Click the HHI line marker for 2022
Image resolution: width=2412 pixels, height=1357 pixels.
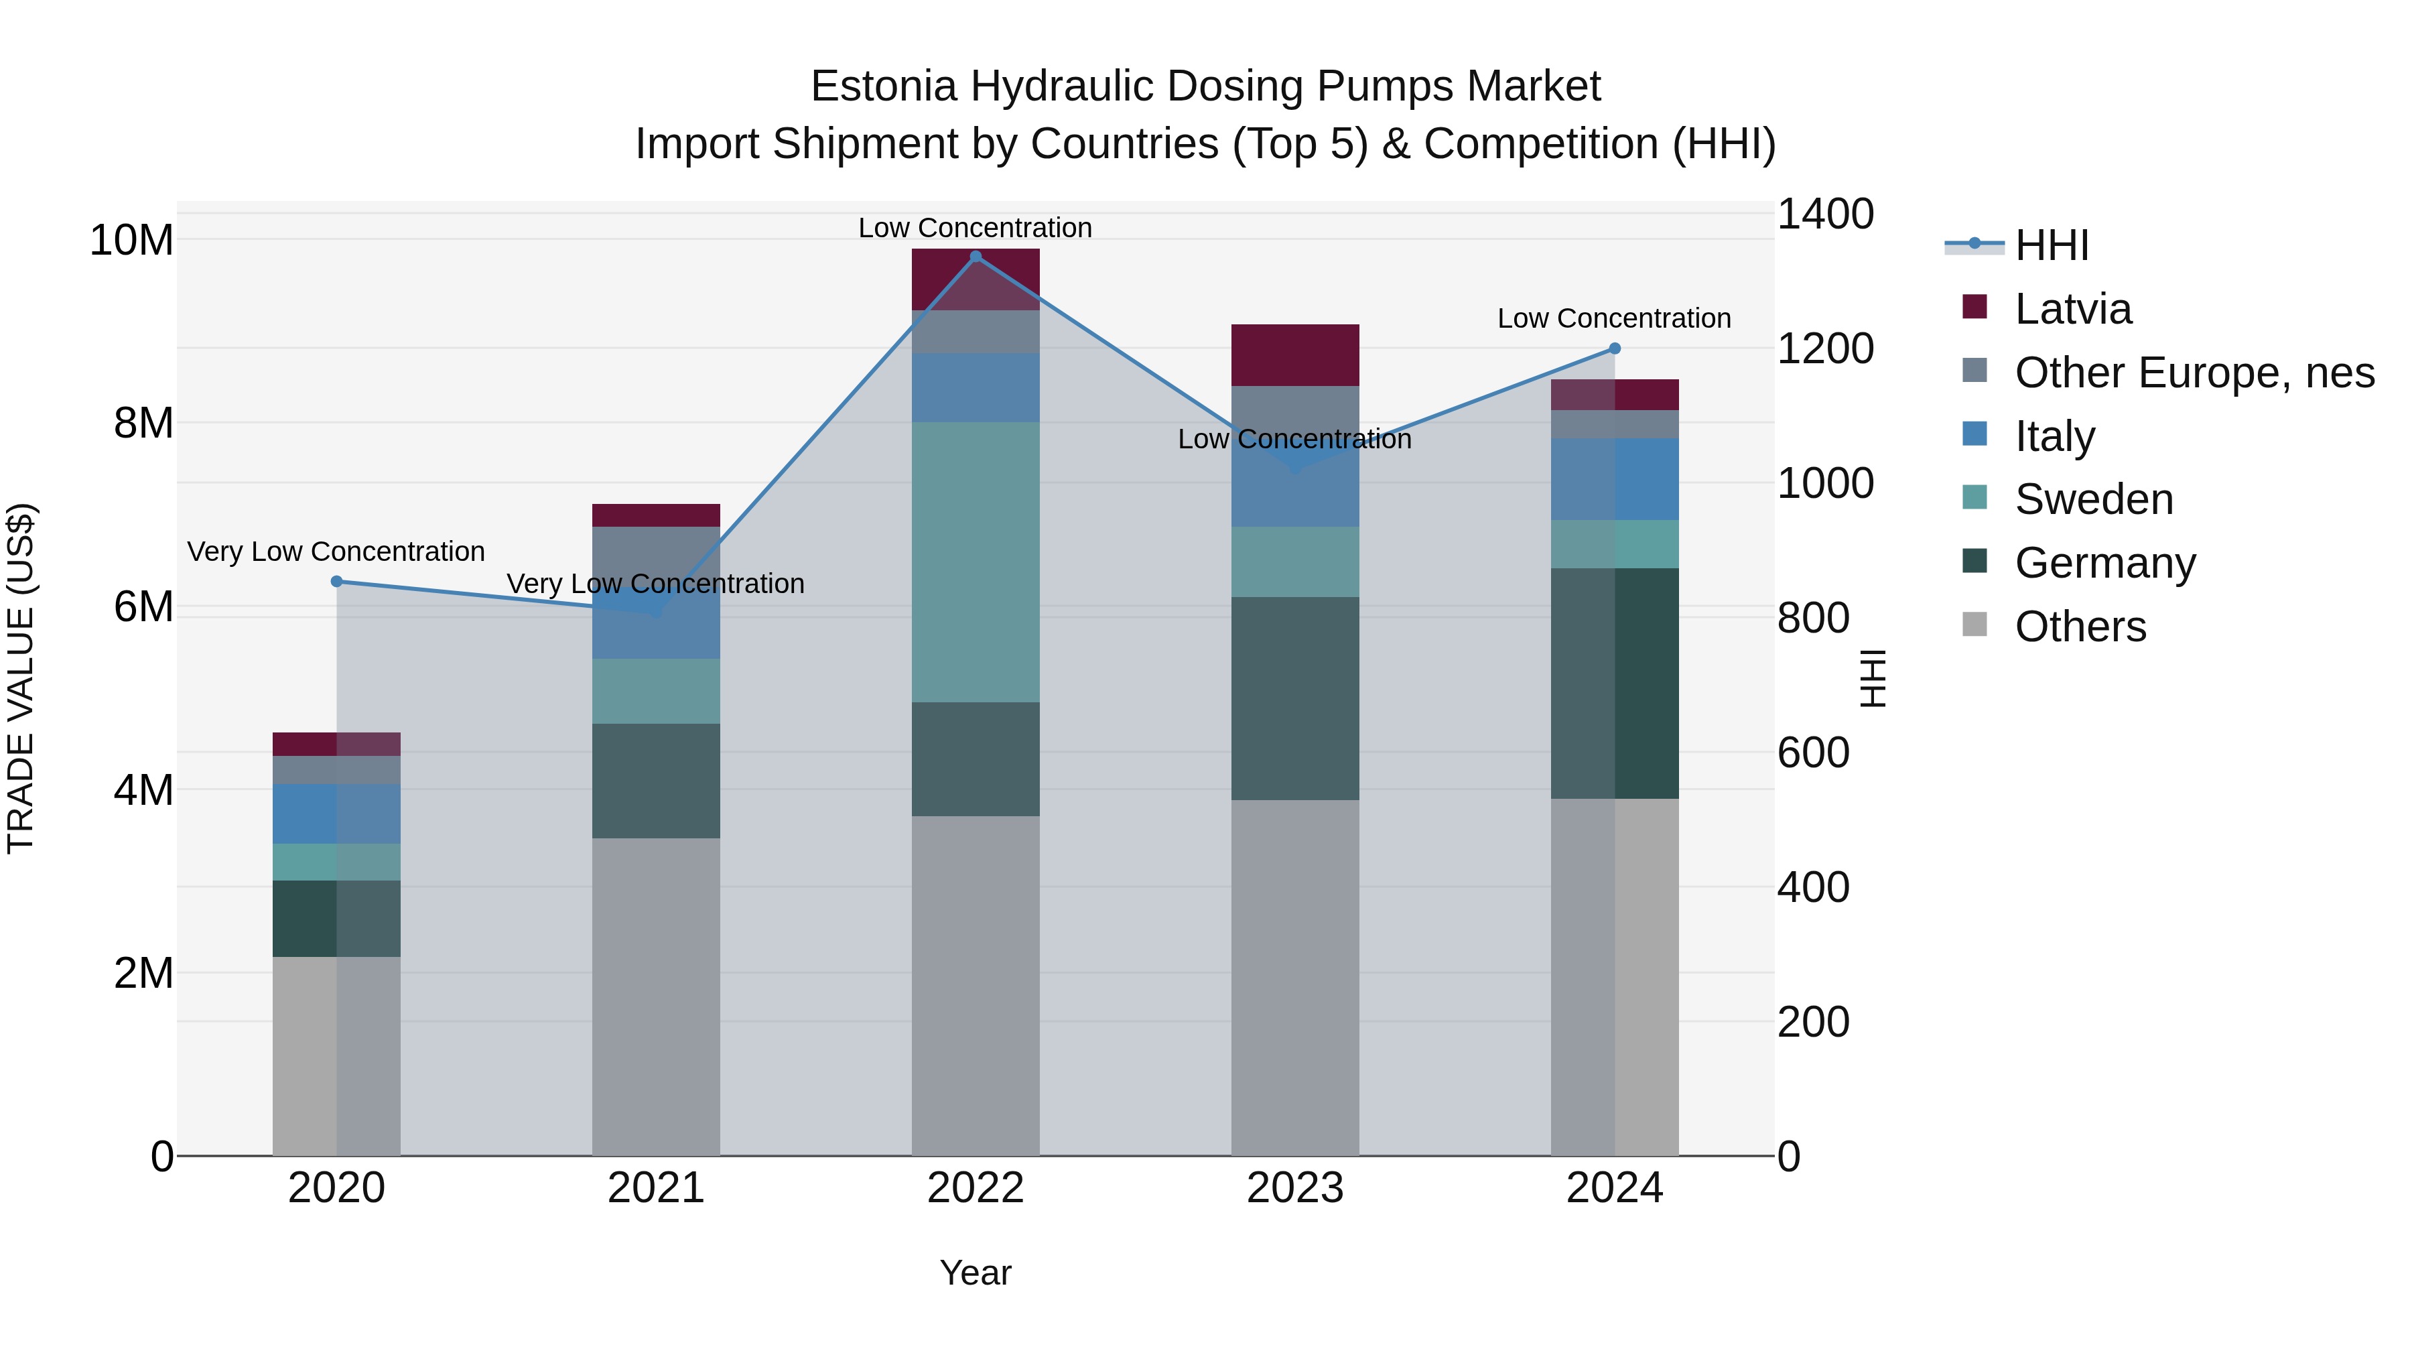975,257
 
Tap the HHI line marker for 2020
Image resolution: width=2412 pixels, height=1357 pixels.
337,582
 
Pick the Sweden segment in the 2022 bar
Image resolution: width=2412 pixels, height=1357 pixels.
975,562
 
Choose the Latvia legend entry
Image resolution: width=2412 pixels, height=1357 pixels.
2072,309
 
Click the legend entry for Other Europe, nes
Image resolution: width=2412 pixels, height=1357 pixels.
2194,373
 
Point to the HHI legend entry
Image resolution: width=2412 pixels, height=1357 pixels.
2051,245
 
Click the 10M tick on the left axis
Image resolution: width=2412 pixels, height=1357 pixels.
131,241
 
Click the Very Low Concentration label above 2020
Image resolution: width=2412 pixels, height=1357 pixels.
336,552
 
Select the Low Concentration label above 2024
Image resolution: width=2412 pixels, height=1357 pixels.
1613,318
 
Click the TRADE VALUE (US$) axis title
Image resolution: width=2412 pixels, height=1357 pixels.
21,678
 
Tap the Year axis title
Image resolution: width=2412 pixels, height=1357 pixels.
975,1273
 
